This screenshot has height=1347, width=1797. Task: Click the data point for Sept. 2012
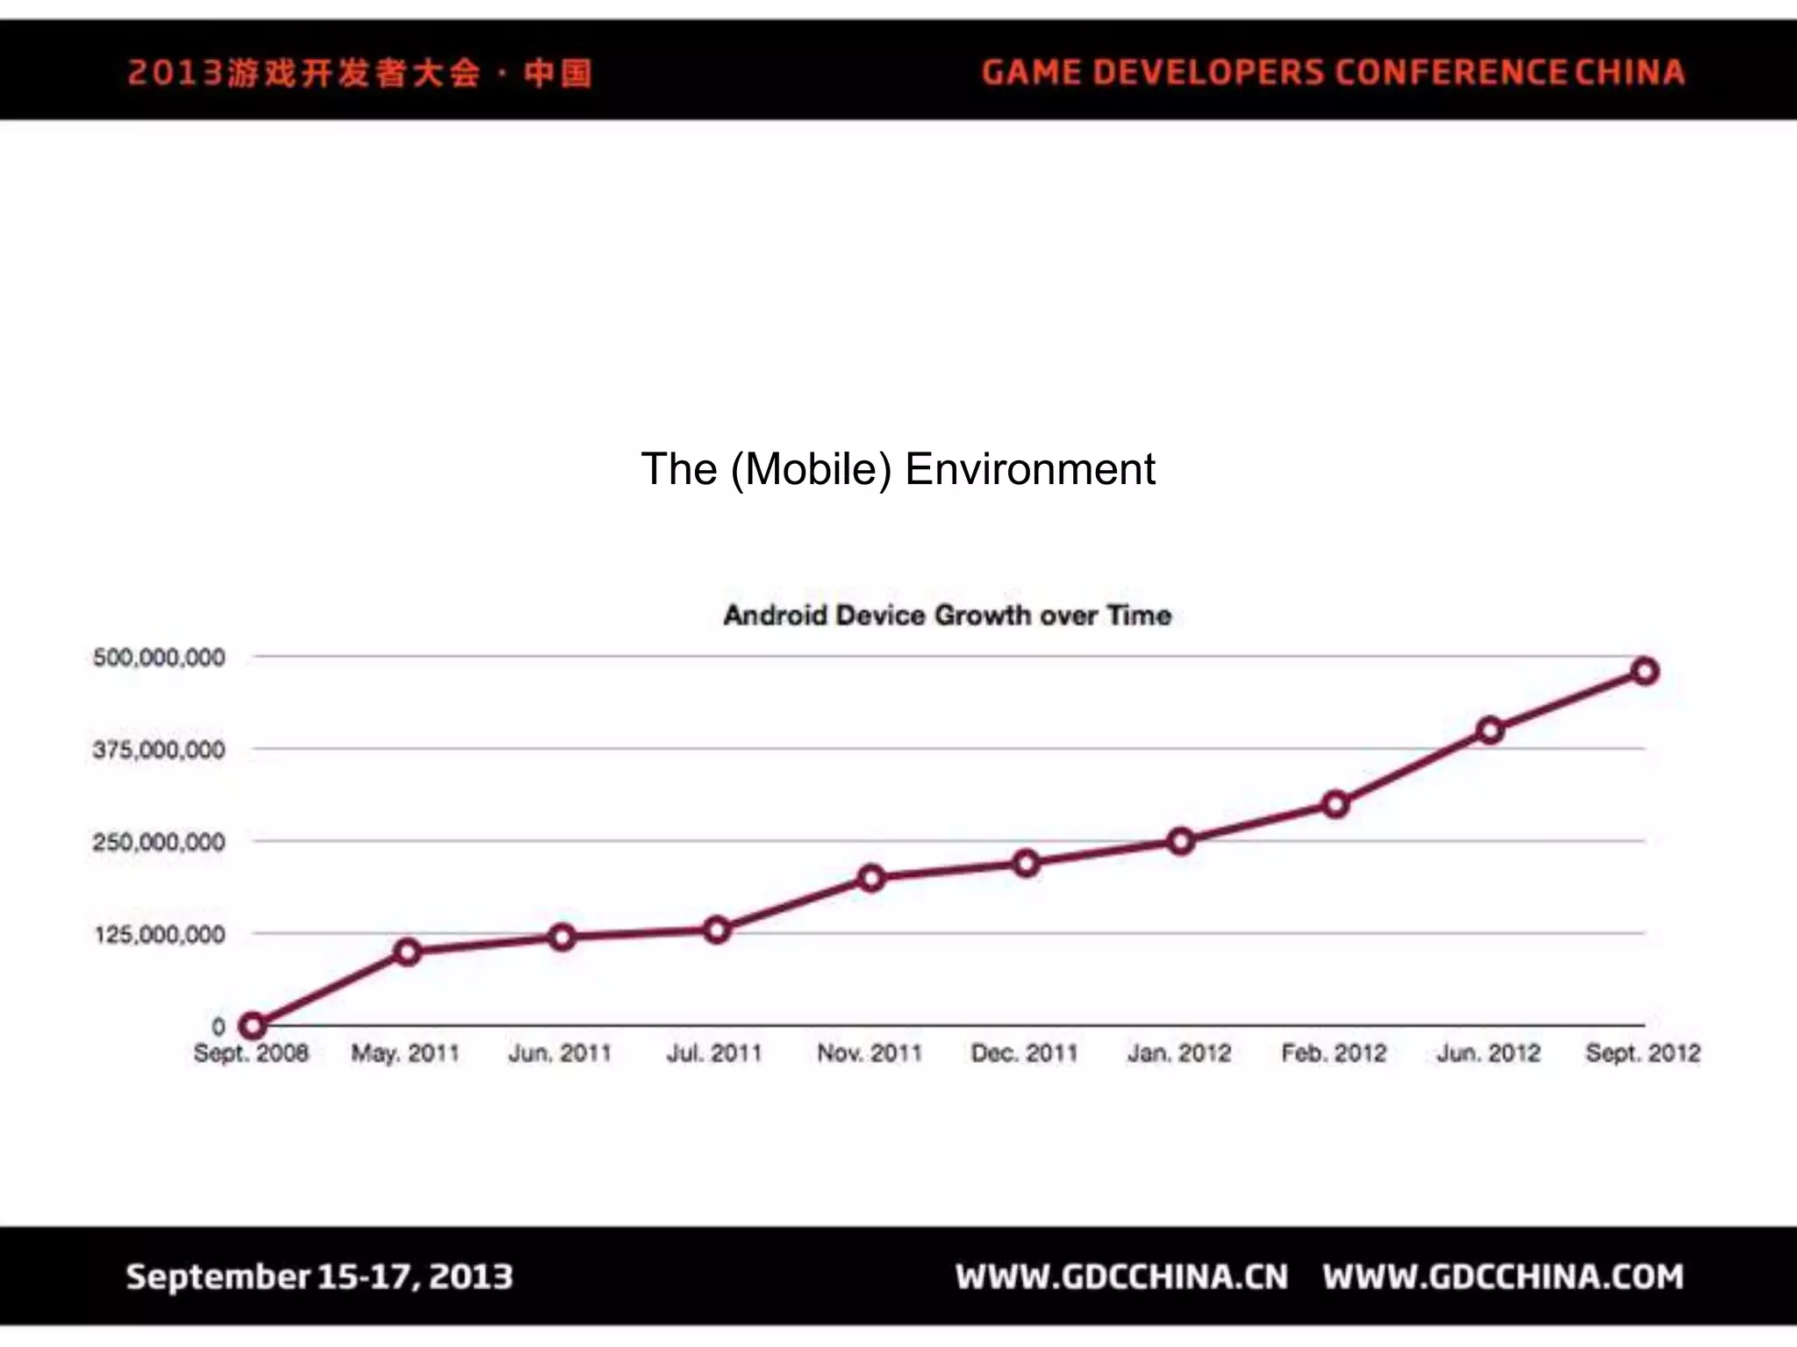point(1645,672)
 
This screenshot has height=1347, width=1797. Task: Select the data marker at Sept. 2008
point(252,1025)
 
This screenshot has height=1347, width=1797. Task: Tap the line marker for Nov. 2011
point(871,878)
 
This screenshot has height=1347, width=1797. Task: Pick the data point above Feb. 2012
point(1335,804)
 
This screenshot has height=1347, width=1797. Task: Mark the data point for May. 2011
point(407,951)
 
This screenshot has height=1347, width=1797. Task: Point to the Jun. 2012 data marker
point(1490,731)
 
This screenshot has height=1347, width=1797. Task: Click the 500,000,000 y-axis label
point(159,658)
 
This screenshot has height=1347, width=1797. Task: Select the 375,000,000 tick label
point(159,751)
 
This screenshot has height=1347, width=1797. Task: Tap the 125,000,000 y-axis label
point(160,935)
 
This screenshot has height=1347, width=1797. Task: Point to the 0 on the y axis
point(218,1026)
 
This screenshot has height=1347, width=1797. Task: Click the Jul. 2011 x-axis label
point(714,1053)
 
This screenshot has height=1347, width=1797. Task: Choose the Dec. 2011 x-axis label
point(1024,1053)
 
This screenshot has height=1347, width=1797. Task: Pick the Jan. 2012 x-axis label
point(1179,1053)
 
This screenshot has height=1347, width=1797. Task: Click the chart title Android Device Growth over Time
point(948,616)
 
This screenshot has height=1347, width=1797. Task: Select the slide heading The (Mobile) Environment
point(898,469)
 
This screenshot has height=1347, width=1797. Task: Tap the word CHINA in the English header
point(1629,73)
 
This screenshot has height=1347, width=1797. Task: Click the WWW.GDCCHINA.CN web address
point(1122,1277)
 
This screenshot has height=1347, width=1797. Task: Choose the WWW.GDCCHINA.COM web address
point(1504,1277)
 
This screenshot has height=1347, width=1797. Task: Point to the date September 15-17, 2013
point(319,1277)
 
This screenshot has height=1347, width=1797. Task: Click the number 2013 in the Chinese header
point(175,73)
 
